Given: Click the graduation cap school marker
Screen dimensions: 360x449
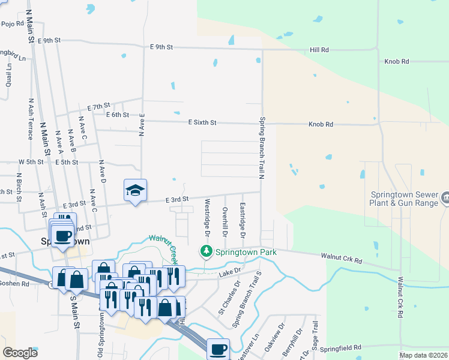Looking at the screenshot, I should point(135,191).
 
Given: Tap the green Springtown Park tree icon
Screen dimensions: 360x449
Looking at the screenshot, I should point(206,250).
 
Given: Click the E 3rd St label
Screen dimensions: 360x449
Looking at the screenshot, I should point(177,199).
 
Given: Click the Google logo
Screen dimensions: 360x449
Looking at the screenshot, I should point(20,353).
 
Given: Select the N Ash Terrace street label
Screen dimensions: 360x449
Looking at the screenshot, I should point(30,119).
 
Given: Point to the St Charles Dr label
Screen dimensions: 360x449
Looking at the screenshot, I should point(229,298).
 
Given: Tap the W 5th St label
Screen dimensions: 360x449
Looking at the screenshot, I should point(31,162).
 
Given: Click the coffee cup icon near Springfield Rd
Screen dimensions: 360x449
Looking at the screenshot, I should point(218,349).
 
